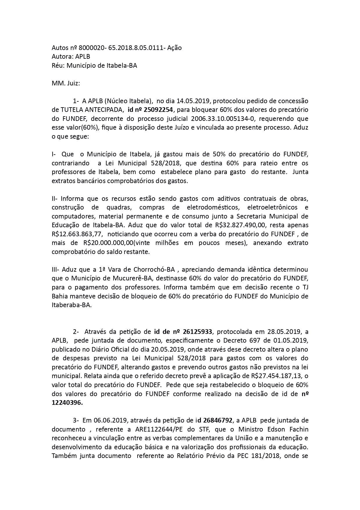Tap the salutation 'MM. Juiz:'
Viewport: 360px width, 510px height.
click(x=66, y=83)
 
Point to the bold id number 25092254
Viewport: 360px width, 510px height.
click(x=159, y=110)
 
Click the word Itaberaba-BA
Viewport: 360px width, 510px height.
click(x=71, y=305)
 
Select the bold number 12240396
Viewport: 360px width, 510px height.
click(x=67, y=403)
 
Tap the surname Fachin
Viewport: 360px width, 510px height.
click(x=296, y=430)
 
